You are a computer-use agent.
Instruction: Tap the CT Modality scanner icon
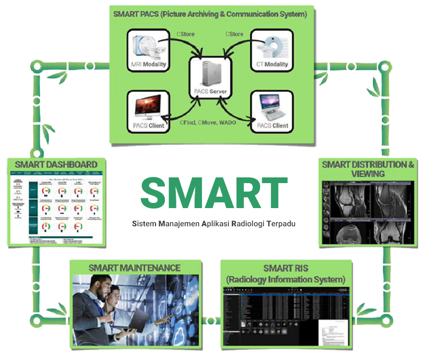272,46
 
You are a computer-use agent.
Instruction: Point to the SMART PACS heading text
210,14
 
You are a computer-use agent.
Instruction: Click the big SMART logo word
213,192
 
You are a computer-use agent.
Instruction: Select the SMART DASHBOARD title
56,165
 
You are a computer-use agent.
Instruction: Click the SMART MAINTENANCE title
134,268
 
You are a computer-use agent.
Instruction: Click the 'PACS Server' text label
210,93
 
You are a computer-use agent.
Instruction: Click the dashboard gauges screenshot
56,208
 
